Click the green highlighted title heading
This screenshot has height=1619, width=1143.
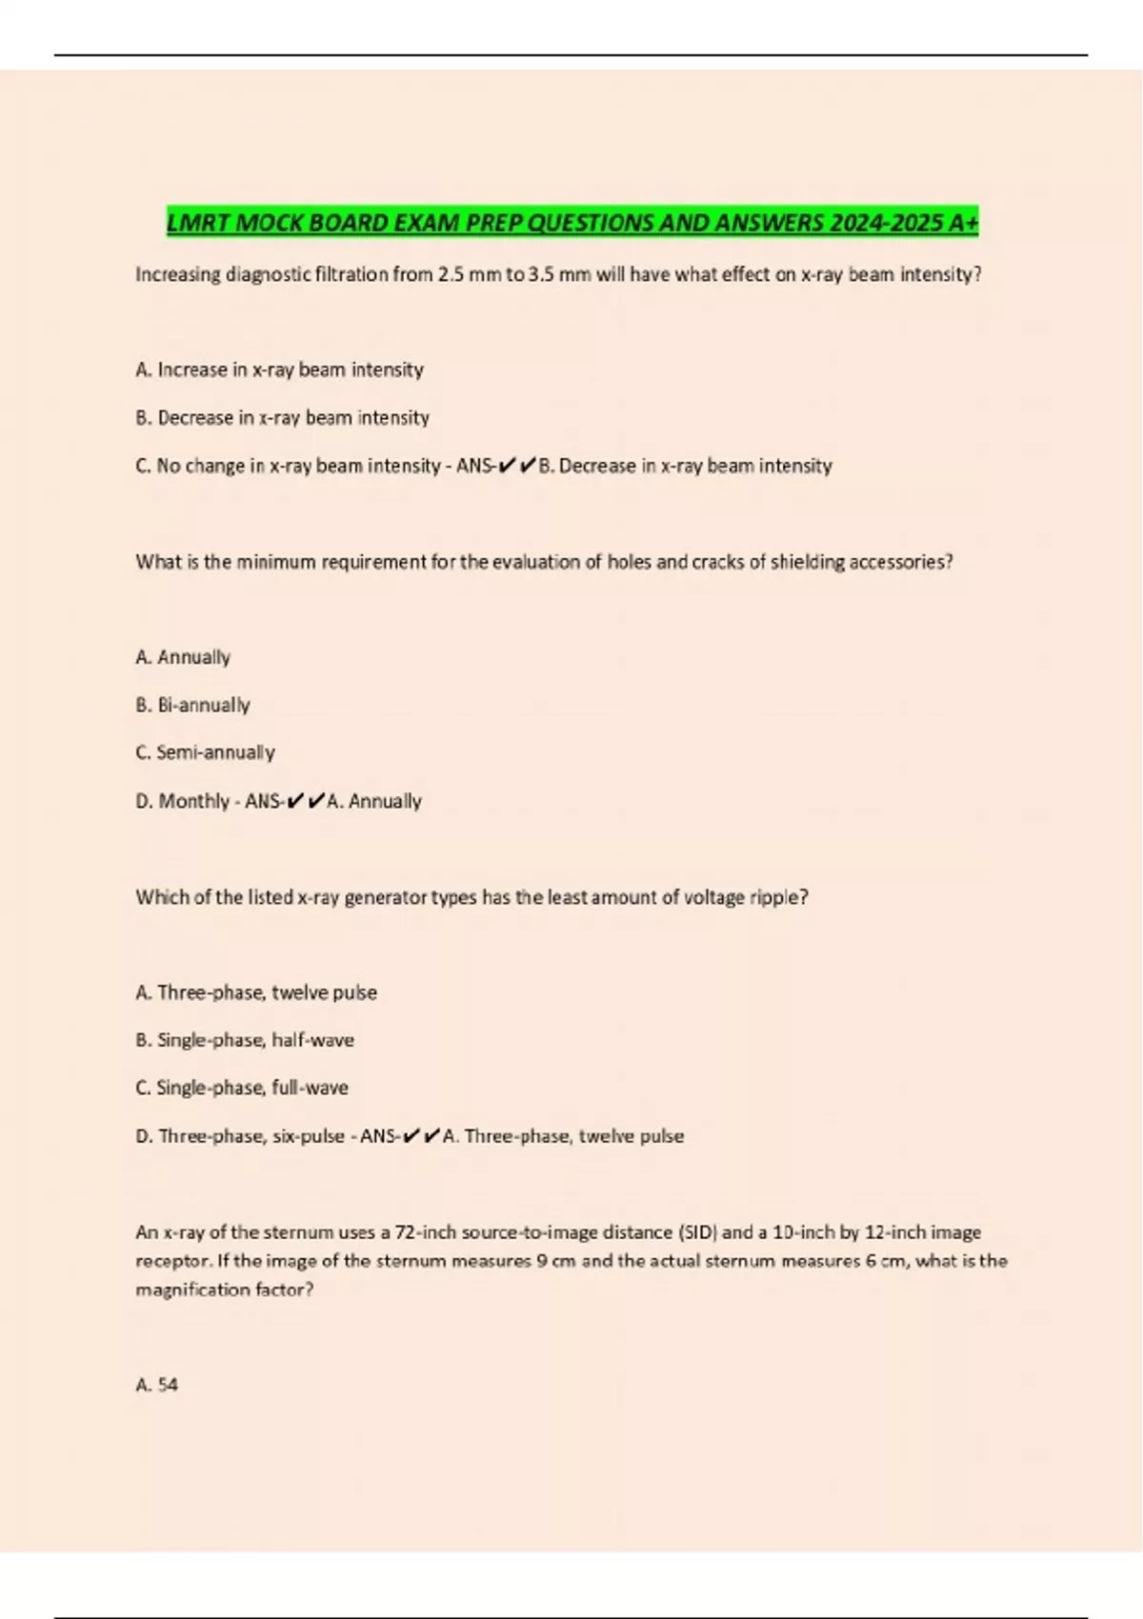pos(571,223)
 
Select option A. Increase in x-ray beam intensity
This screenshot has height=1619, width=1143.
pos(279,370)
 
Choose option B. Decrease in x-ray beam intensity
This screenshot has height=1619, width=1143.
pos(282,418)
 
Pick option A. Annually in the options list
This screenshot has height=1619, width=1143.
pos(183,657)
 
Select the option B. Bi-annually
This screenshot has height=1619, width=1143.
pos(192,706)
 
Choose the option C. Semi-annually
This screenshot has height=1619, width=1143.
pos(205,752)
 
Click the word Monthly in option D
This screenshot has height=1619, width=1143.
pos(193,802)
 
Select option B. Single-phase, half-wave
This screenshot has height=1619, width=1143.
pos(245,1040)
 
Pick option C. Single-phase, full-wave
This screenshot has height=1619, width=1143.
pos(242,1088)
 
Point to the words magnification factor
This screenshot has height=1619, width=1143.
pos(223,1290)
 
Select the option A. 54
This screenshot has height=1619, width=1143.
pos(157,1386)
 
